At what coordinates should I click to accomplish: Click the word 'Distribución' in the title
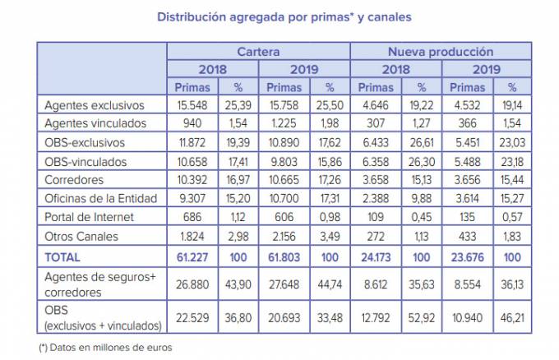pos(196,16)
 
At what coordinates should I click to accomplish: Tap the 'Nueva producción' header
pos(441,52)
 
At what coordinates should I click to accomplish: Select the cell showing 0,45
pos(421,217)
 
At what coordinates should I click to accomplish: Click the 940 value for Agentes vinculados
pos(191,124)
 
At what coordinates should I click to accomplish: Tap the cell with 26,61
pos(421,143)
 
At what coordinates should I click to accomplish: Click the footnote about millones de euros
pos(105,348)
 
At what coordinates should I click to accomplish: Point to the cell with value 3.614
pos(465,199)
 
